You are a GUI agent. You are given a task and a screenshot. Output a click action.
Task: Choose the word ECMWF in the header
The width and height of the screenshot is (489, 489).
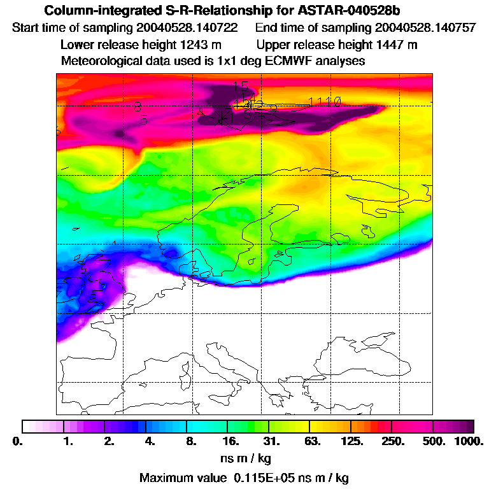pyautogui.click(x=301, y=61)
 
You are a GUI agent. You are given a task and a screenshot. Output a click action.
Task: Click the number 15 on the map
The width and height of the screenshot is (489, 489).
pyautogui.click(x=240, y=87)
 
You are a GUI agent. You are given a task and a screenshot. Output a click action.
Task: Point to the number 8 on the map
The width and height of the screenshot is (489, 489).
pyautogui.click(x=138, y=108)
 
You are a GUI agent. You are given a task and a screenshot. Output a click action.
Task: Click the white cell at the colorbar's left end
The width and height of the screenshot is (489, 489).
pyautogui.click(x=29, y=426)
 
